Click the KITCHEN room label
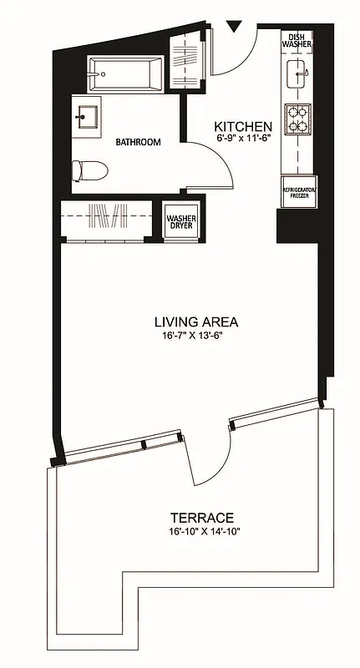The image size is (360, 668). pos(242,126)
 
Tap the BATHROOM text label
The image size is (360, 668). pos(138,142)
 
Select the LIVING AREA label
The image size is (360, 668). pos(196,321)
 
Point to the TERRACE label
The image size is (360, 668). pos(197,518)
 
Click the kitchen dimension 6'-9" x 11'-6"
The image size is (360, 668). pos(242,138)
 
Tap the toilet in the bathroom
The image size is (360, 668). pos(89,170)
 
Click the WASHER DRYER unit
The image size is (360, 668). pos(180,223)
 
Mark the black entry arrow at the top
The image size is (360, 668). pos(236,28)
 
